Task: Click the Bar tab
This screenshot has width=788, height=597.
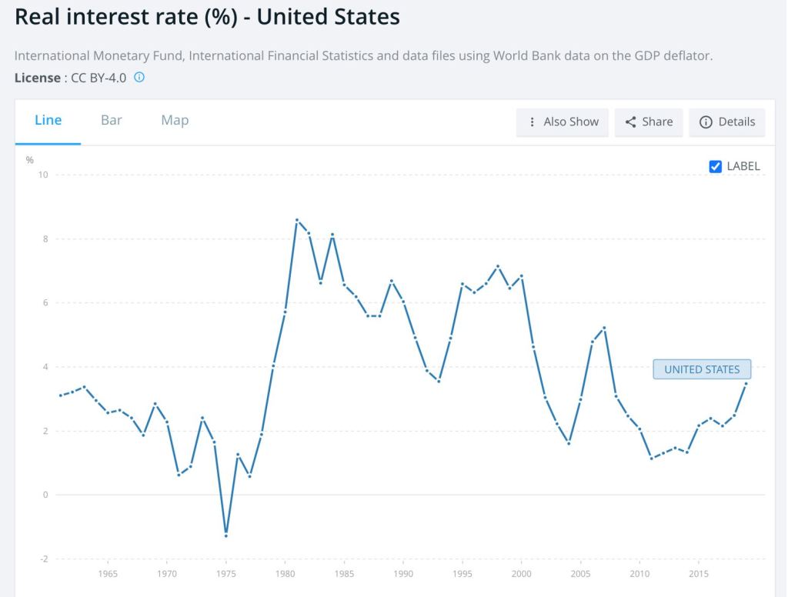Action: tap(112, 121)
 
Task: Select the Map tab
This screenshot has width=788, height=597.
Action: tap(175, 121)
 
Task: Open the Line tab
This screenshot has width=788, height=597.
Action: tap(48, 121)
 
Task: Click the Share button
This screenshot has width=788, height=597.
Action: tap(649, 122)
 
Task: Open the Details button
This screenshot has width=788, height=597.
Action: tap(727, 122)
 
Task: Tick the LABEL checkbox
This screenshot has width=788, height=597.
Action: tap(716, 166)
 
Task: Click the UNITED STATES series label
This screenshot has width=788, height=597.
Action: tap(702, 369)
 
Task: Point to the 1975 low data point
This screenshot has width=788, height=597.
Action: tap(226, 535)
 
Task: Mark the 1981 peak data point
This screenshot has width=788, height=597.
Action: tap(297, 220)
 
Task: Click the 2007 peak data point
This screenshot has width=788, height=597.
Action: tap(605, 328)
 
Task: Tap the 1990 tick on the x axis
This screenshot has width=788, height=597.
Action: tap(403, 574)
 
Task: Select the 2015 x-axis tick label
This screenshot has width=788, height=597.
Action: tap(699, 574)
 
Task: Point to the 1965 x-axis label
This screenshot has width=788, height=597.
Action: tap(108, 574)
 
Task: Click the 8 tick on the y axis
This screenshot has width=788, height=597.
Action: tap(45, 238)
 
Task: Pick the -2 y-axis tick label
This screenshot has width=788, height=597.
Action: tap(44, 559)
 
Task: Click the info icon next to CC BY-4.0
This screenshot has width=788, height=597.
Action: tap(139, 78)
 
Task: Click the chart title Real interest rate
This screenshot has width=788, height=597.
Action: tap(207, 17)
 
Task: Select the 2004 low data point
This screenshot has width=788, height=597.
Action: tap(569, 443)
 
